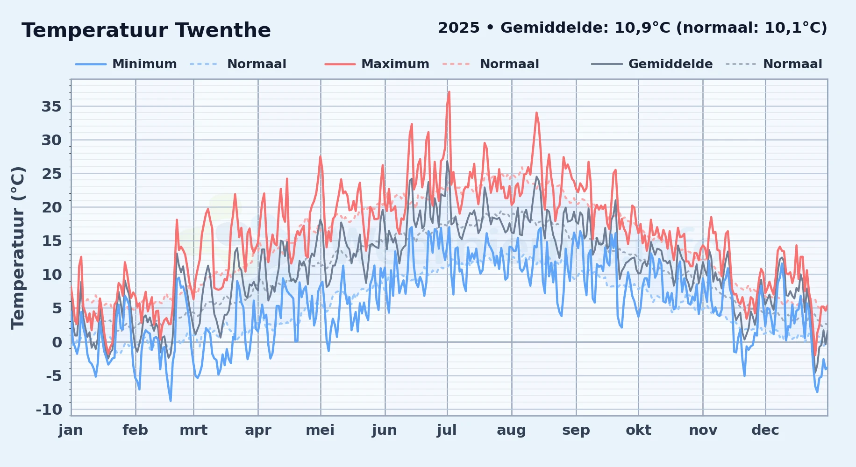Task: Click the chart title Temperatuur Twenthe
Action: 146,31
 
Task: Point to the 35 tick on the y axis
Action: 51,106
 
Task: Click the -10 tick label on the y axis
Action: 49,410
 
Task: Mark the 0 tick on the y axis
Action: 57,342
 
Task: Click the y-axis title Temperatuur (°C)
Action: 18,248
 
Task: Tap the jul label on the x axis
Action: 447,430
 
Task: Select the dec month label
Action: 765,430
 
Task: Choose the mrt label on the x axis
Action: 193,430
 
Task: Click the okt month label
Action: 638,430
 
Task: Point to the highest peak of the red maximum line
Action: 449,92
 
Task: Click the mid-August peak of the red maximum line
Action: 536,113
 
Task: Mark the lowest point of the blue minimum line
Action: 171,401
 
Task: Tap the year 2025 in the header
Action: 459,28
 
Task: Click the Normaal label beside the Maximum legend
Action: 509,64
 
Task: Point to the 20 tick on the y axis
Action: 51,207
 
